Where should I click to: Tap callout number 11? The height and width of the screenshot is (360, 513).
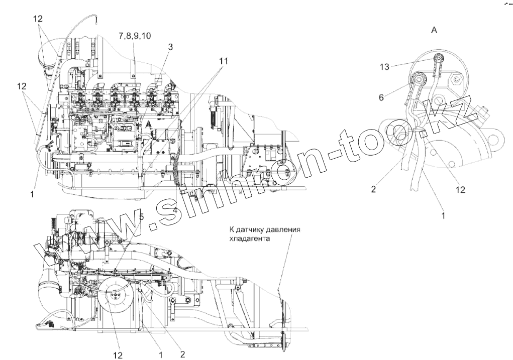point(223,61)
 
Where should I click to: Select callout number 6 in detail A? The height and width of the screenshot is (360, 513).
point(381,97)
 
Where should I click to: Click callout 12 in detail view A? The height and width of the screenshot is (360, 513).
point(461,189)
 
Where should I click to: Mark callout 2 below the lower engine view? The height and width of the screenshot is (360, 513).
point(182,354)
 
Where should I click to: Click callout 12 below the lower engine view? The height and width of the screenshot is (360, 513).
point(118,355)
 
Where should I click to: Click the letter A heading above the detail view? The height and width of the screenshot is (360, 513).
point(434,31)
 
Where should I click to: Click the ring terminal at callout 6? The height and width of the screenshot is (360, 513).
point(418,79)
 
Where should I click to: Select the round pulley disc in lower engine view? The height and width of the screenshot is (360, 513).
point(115,297)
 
